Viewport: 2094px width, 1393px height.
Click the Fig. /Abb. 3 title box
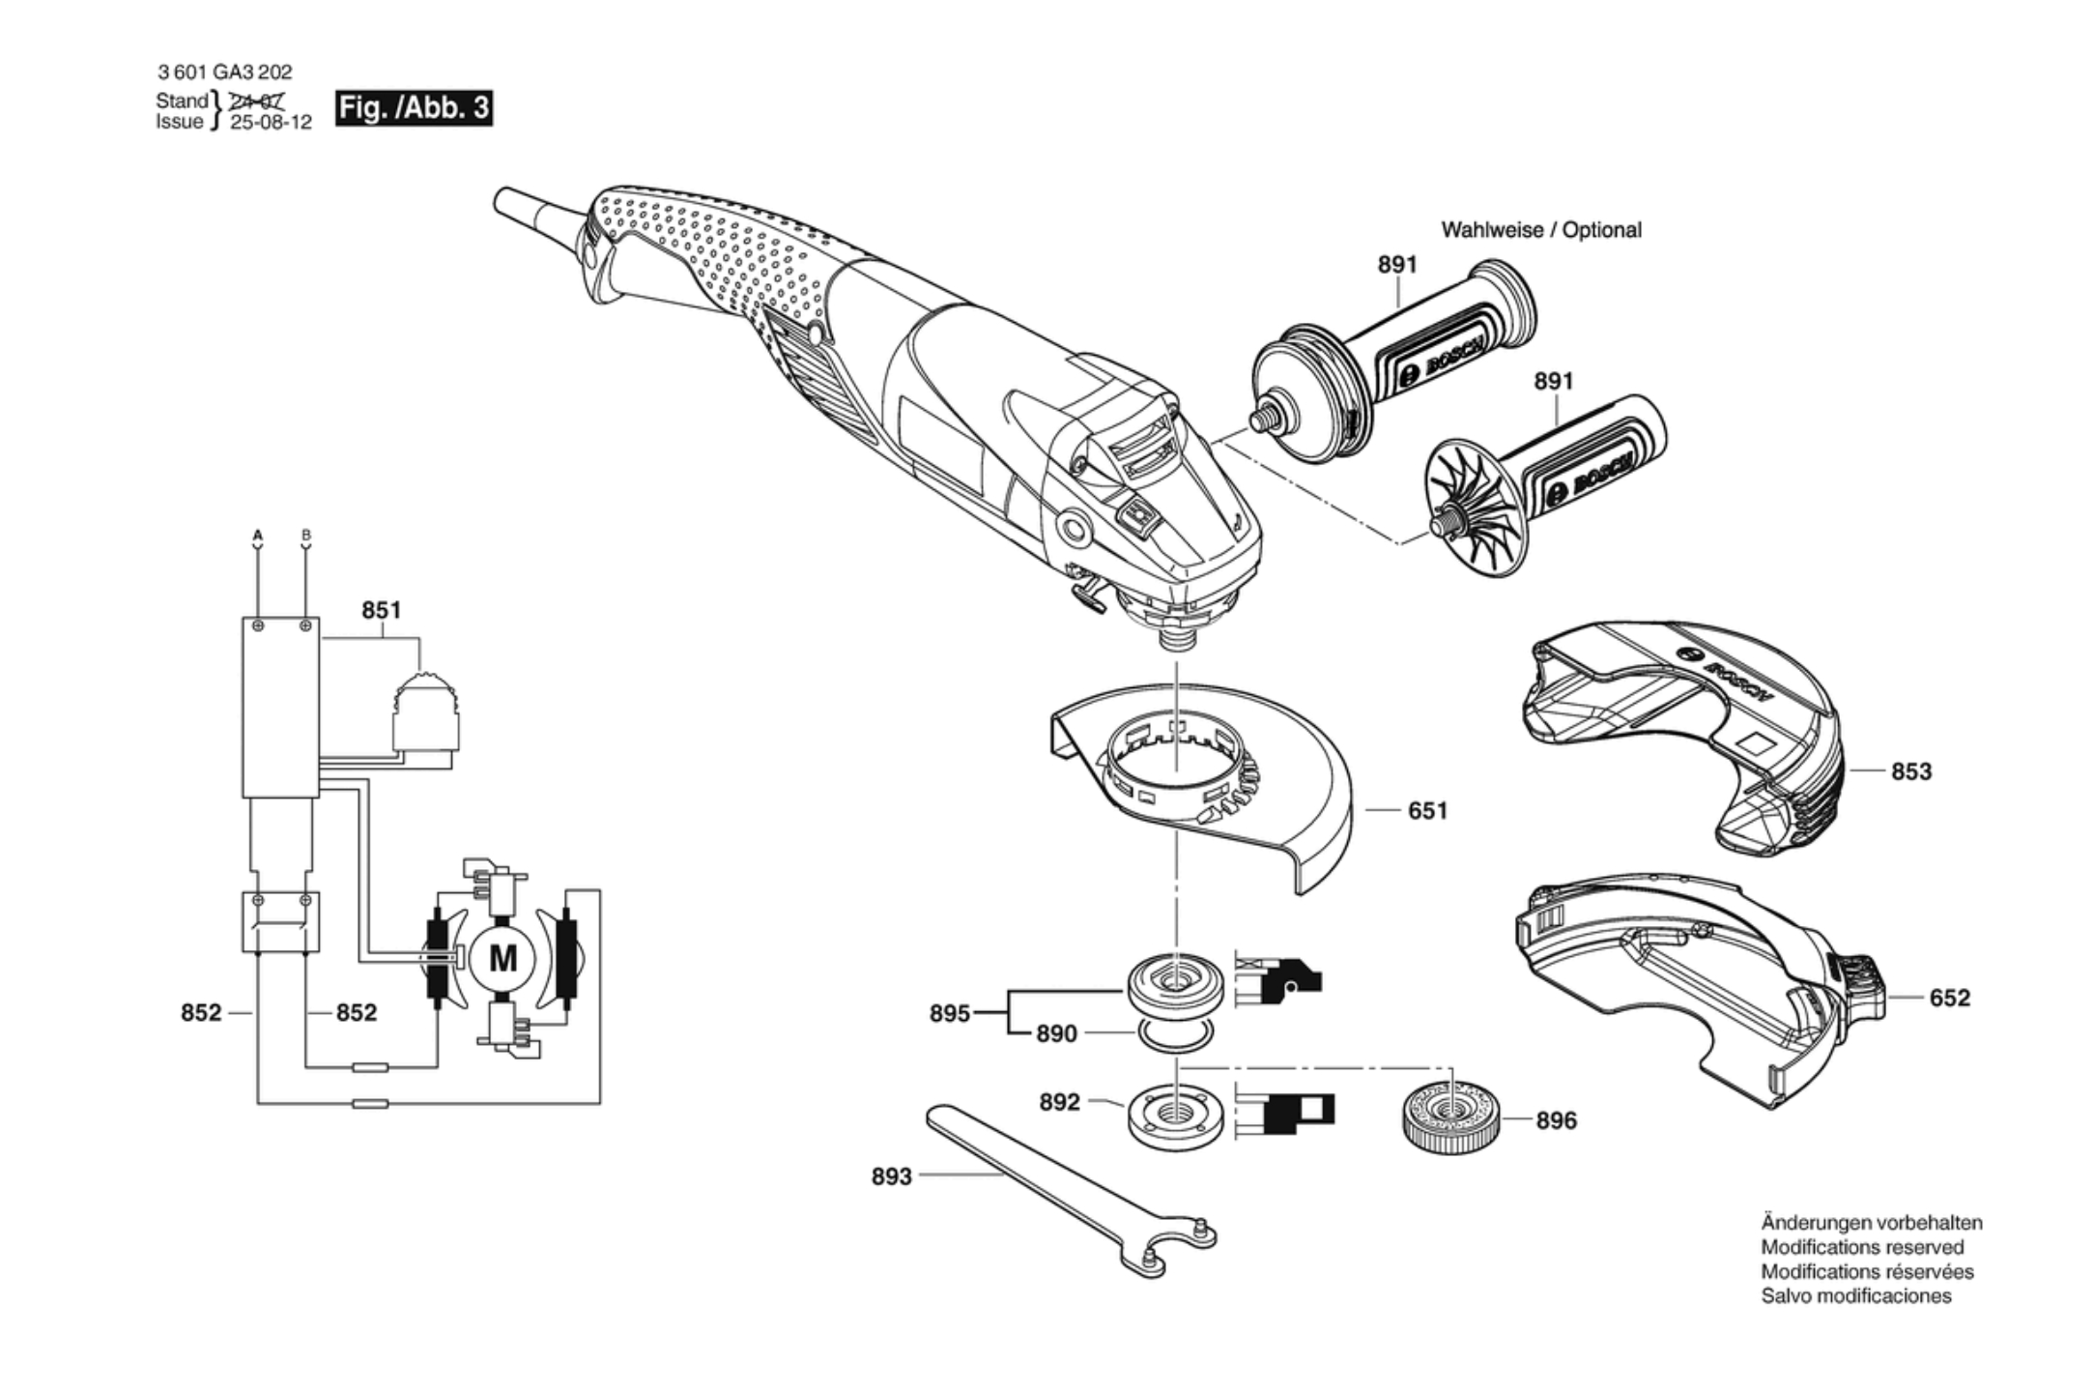(414, 107)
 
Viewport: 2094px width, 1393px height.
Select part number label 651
(1427, 810)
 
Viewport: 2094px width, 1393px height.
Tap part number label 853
(1910, 771)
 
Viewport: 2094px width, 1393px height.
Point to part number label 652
(1949, 998)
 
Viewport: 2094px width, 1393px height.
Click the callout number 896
(1556, 1120)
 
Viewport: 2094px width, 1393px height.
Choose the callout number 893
(891, 1176)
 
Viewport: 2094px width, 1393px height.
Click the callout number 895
(949, 1013)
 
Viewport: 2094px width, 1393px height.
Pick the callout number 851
(381, 610)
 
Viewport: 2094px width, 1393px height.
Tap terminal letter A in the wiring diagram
(258, 535)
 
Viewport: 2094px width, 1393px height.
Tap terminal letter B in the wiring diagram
(306, 535)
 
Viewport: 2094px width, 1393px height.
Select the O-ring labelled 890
(1175, 1035)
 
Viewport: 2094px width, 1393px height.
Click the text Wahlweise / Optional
(1540, 230)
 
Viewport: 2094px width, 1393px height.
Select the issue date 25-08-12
(271, 123)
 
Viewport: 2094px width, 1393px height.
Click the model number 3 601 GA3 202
(224, 72)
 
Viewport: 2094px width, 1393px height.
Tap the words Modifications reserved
(1861, 1247)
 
